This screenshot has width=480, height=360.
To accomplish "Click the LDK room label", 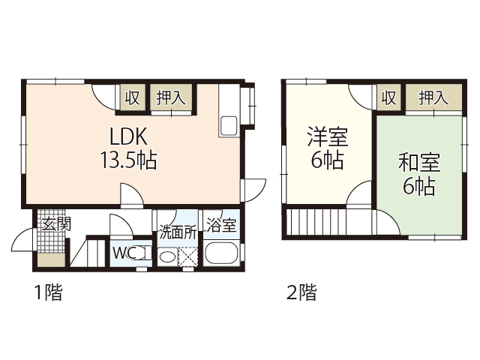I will point(131,137).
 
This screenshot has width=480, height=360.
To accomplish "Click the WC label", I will point(123,253).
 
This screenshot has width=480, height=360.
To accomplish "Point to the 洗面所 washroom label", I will point(178,232).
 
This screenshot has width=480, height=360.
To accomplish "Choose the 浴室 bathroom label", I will point(221,225).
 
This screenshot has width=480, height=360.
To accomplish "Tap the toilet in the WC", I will point(143,253).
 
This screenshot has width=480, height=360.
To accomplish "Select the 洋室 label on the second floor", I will point(328,138).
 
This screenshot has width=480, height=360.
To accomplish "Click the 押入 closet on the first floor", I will point(172,97).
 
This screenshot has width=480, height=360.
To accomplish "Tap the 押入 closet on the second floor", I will point(433,97).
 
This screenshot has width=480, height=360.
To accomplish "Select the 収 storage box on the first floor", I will point(133,97).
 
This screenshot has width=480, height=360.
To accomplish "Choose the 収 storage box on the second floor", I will point(388,97).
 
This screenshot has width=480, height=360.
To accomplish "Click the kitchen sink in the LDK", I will point(229,126).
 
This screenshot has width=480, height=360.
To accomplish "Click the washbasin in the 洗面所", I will point(168,256).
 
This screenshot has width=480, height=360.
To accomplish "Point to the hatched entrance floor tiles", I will point(52,241).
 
